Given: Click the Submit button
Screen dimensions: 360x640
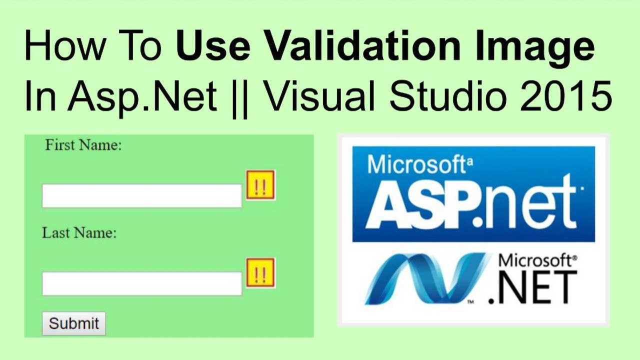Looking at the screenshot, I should coord(73,323).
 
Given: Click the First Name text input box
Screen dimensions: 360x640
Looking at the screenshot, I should coord(141,195).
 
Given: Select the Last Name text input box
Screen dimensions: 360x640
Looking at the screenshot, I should coord(141,283).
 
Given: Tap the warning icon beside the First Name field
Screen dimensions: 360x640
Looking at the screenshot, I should coord(260,185).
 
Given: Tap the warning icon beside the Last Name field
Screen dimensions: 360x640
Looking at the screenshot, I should coord(260,273).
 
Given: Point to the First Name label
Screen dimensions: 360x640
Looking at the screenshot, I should coord(83,145).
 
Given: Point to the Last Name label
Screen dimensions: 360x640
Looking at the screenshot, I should coord(79,233).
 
